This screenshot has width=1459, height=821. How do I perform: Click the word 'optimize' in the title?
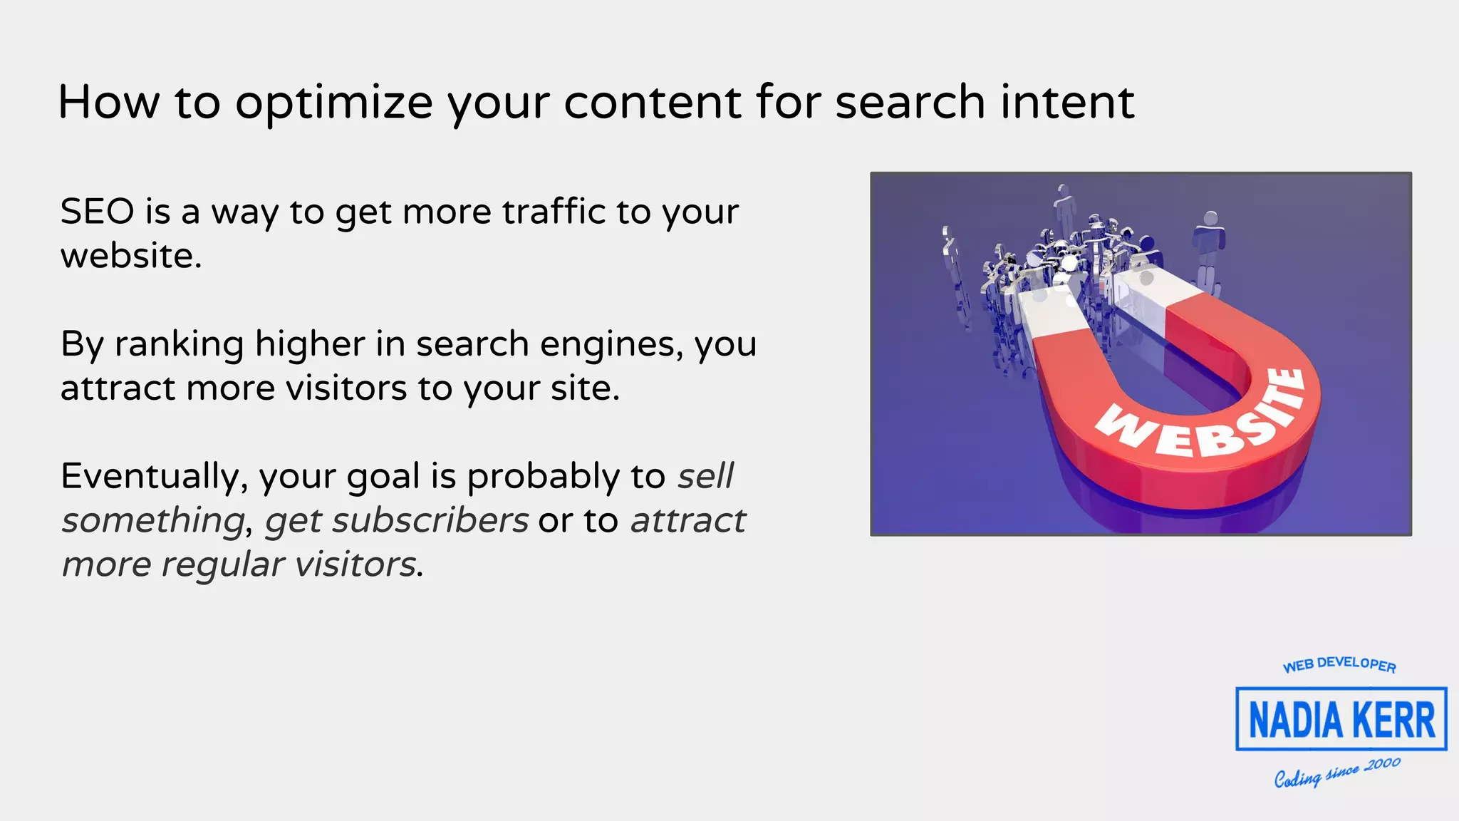tap(333, 103)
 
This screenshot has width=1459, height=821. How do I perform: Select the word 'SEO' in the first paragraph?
tap(97, 212)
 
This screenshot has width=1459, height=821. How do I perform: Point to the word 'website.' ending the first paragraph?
tap(131, 256)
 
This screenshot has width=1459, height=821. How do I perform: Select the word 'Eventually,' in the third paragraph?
tap(154, 477)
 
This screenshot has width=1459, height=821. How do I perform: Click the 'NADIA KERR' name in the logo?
tap(1341, 720)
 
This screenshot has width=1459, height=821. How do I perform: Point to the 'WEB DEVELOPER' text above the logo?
tap(1339, 664)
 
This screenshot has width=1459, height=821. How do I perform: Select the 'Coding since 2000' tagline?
tap(1337, 773)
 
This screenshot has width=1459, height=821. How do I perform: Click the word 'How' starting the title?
tap(108, 102)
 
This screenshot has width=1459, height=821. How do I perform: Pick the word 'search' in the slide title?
tap(910, 102)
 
